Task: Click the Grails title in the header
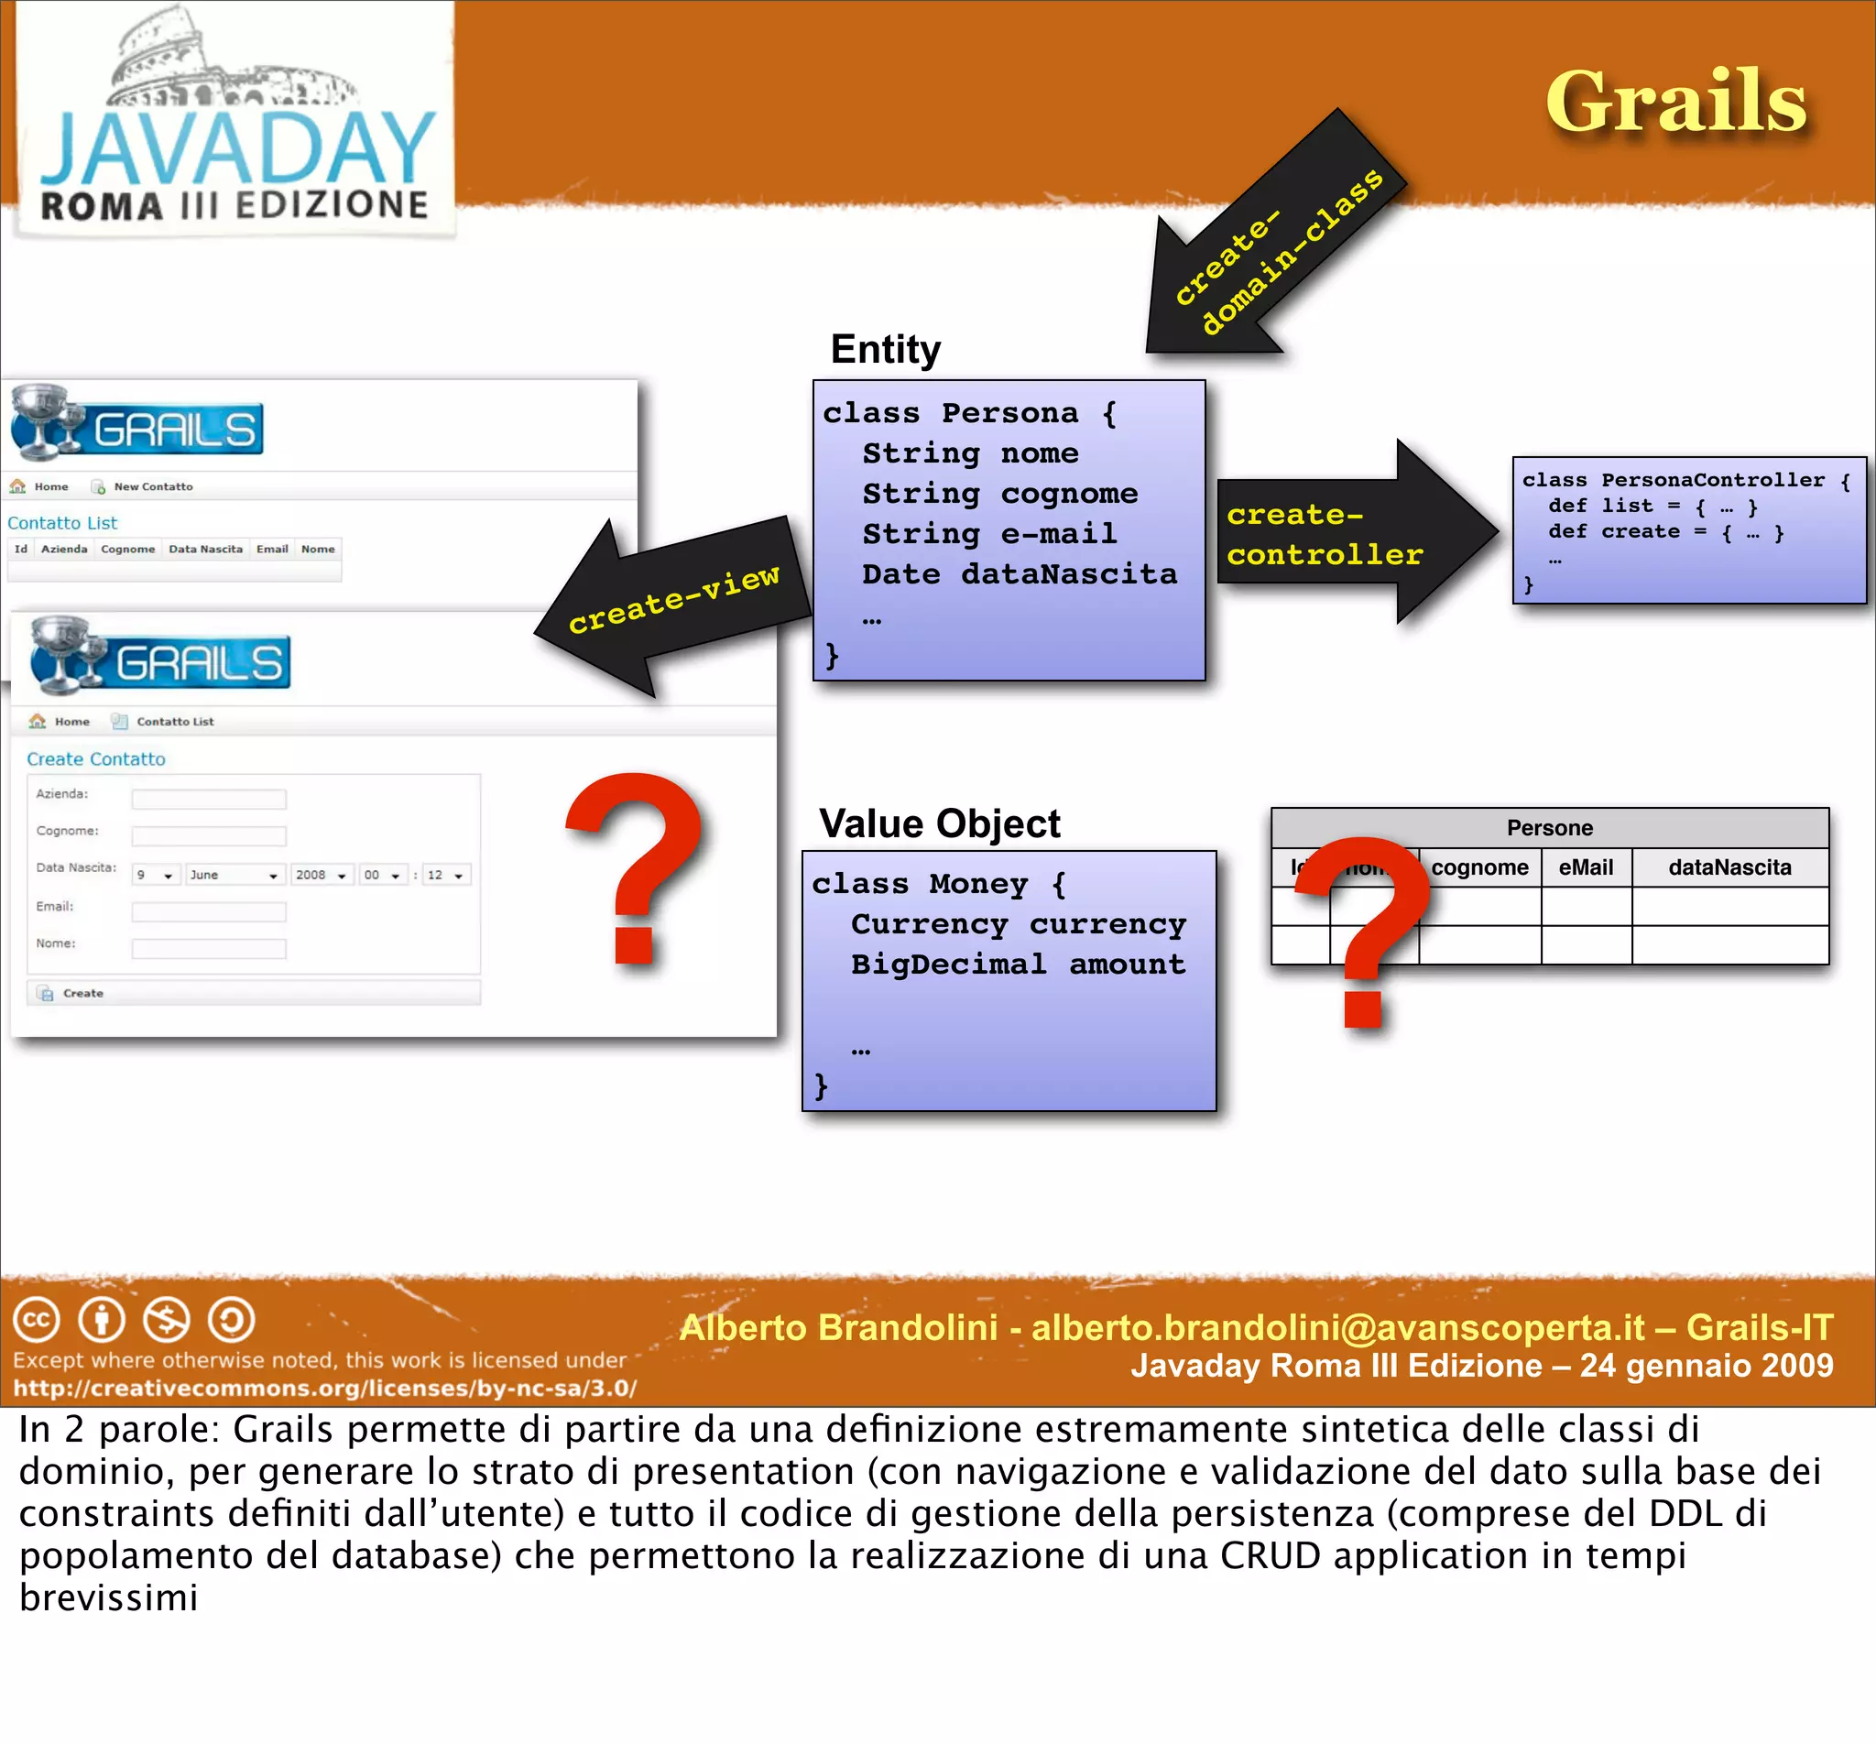(1675, 102)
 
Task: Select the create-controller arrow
(1349, 534)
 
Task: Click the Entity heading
(885, 349)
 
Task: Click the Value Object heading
(939, 823)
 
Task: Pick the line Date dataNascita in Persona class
(1020, 573)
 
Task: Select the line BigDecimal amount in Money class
(1018, 965)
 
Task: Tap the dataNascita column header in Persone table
(1729, 867)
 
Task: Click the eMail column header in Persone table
(1586, 867)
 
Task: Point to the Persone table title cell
(1549, 828)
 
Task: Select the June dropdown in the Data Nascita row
(234, 875)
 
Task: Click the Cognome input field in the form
(209, 836)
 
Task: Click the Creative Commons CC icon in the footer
(36, 1319)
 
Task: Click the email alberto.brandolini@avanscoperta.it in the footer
(1337, 1328)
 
